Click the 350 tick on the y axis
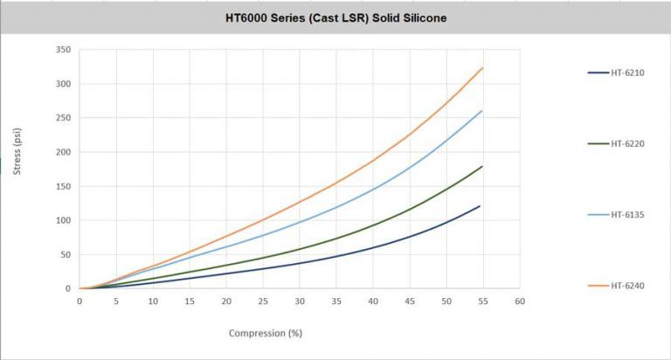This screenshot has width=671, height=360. (x=63, y=50)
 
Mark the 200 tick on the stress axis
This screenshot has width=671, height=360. (x=63, y=152)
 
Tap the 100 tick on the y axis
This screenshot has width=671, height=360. (x=63, y=220)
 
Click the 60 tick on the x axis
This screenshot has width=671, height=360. (x=519, y=301)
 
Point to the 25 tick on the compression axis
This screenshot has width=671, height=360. (x=263, y=301)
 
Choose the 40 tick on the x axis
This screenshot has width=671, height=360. (x=373, y=301)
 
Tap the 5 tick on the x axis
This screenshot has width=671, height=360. (x=116, y=301)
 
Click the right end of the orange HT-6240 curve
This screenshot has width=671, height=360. (x=482, y=68)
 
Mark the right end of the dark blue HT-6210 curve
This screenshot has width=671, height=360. (x=481, y=206)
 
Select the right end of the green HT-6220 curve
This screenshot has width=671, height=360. (x=481, y=166)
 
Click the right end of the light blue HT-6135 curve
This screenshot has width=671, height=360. (x=481, y=111)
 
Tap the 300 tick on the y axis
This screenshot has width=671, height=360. (x=63, y=84)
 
